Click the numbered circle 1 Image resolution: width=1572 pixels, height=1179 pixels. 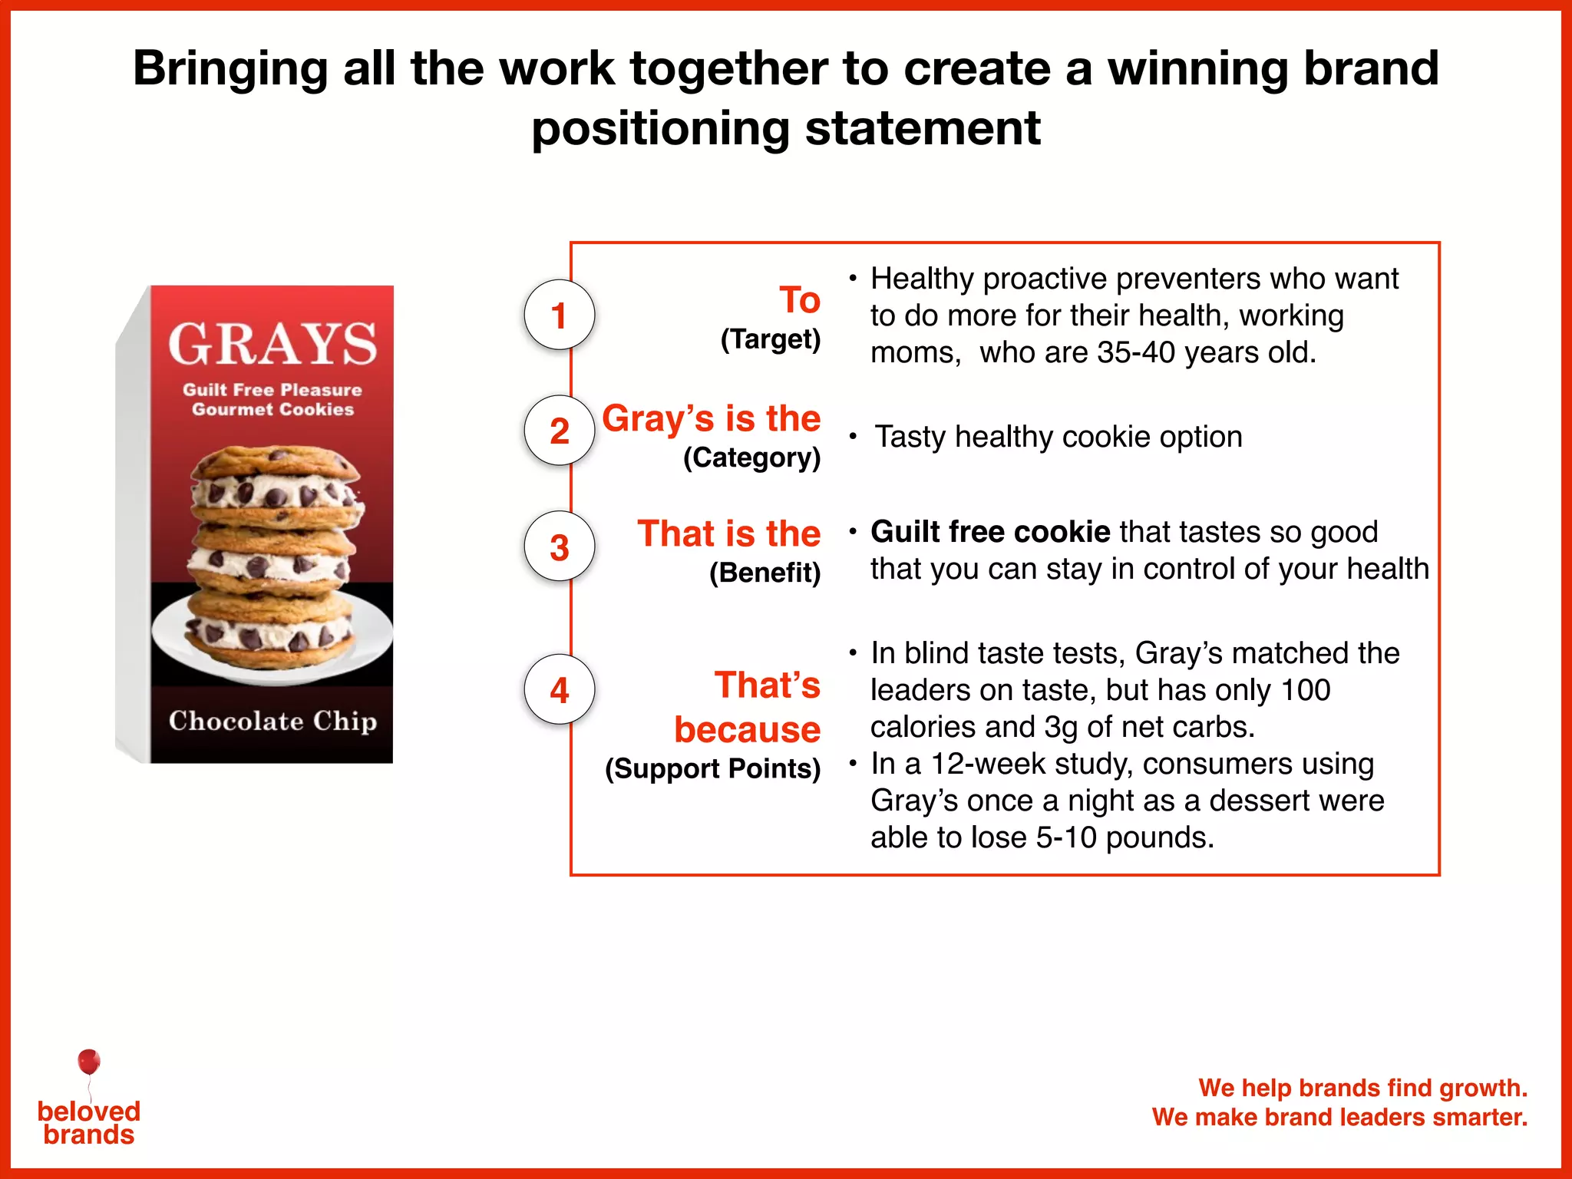click(559, 315)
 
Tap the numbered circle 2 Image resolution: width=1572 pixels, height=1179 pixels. click(559, 431)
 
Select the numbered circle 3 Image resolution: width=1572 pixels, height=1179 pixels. click(559, 547)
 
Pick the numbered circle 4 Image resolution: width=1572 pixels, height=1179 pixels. click(559, 689)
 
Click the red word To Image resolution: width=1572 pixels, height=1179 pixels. click(799, 299)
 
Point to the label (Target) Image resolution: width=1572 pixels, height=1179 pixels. click(770, 339)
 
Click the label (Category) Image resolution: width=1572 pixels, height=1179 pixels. click(751, 457)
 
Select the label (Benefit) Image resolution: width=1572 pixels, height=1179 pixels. click(765, 573)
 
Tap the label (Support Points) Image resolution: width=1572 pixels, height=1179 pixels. click(712, 768)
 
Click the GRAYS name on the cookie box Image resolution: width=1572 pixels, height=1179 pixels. click(272, 344)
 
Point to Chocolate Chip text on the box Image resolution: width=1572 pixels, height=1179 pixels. click(272, 721)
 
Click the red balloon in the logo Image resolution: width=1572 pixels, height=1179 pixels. click(89, 1062)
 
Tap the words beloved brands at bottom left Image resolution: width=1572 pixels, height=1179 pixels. click(89, 1123)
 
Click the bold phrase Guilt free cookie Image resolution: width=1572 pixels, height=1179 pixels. click(990, 531)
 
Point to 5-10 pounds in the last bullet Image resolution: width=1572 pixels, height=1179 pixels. click(1124, 837)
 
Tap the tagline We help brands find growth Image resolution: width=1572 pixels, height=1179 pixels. click(1362, 1088)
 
